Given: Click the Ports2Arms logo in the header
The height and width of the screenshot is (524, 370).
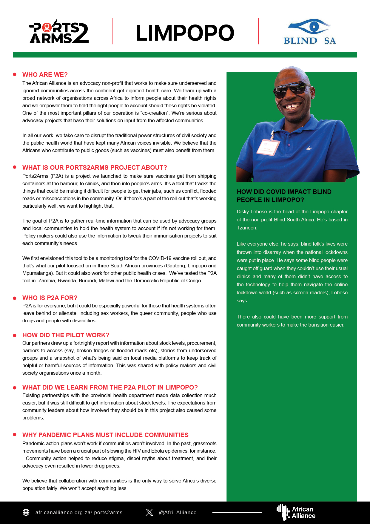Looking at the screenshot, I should (59, 32).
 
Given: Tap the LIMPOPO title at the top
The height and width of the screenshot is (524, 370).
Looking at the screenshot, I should (185, 33).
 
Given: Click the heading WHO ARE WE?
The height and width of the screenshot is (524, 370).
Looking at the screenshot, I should (45, 75).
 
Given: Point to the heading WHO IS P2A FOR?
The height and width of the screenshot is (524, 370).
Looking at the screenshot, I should (50, 298).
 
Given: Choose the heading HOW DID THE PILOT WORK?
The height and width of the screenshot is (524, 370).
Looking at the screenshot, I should (66, 335).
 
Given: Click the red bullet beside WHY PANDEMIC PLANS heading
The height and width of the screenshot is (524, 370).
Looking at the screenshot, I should (14, 435).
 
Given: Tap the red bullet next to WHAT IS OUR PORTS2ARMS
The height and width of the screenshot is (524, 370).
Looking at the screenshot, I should (14, 167).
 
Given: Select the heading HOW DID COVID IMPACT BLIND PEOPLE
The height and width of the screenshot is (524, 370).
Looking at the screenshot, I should (284, 196).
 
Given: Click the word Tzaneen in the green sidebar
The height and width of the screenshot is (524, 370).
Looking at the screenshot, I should (247, 228).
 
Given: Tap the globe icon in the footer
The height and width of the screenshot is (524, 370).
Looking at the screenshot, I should (26, 512).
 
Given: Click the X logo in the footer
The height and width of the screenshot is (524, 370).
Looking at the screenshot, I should (149, 512).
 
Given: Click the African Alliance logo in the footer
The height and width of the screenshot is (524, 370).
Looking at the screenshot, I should (296, 512).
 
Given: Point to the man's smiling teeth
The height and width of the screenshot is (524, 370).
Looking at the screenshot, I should (293, 106).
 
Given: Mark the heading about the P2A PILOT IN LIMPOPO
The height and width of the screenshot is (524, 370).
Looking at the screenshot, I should (110, 387).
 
